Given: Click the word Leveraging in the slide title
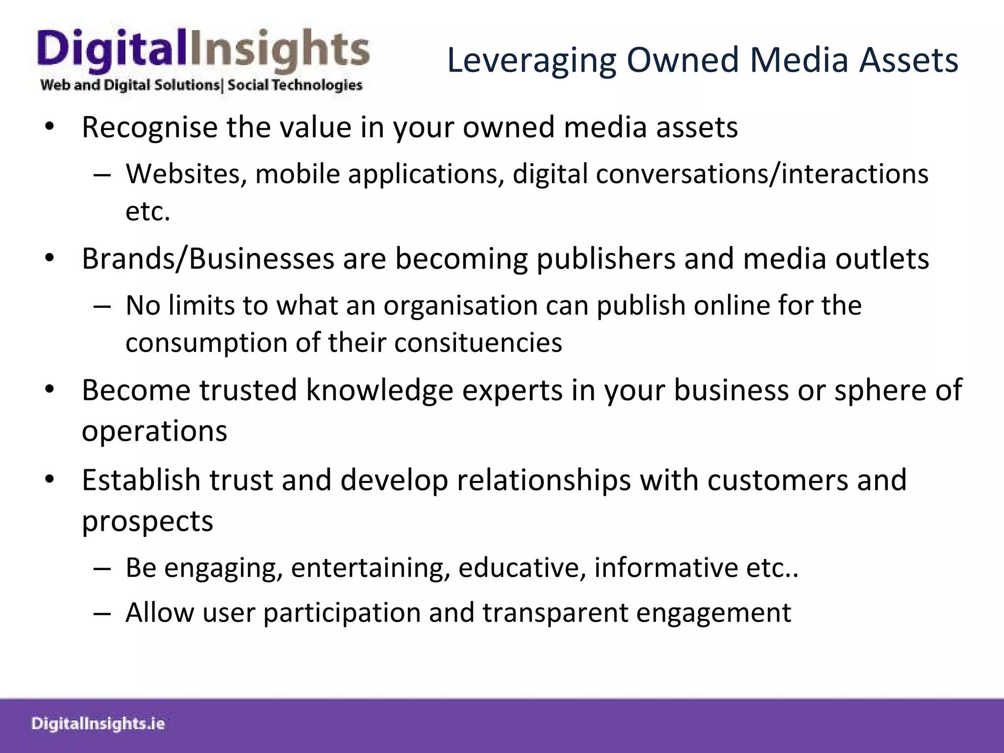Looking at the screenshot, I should coord(531,61).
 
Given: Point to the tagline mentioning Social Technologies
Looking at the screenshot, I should coord(201,85).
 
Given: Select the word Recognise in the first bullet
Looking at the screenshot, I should coord(150,127).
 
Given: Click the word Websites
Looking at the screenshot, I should coord(186,174).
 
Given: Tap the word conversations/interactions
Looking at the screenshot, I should coord(762,174).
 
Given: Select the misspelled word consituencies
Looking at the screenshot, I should coord(478,342).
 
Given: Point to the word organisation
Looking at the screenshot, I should coord(461,305).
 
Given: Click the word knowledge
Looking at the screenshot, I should coord(379,390).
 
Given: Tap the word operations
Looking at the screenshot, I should coord(154,431).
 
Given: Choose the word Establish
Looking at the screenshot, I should coord(141,480).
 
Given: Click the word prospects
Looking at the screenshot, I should coord(148,521).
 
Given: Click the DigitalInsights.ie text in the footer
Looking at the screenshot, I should coord(98,724).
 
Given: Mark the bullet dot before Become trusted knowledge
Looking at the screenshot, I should coord(49,390).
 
